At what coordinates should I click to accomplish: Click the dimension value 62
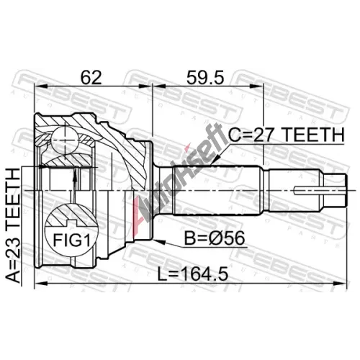tap(91, 77)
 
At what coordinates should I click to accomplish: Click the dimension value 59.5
tap(205, 77)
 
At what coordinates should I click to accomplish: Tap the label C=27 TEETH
tap(286, 135)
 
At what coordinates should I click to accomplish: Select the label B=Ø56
tap(215, 238)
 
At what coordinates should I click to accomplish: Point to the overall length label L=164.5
tap(192, 274)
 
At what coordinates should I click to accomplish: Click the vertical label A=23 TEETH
tap(13, 225)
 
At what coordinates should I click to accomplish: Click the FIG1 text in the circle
tap(71, 240)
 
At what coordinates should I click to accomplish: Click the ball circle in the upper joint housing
tap(65, 141)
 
